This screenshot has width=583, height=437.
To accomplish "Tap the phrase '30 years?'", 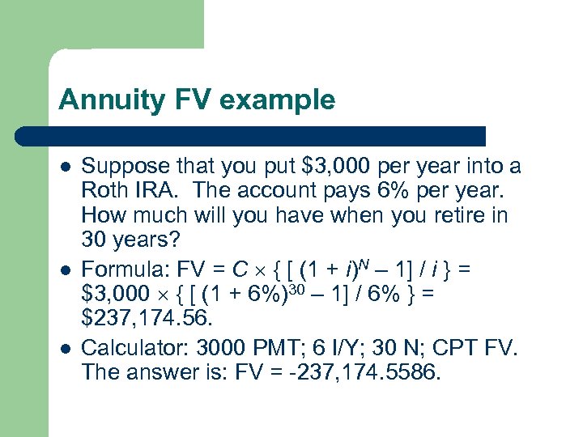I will click(134, 241).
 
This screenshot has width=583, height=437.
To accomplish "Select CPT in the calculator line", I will click(459, 348).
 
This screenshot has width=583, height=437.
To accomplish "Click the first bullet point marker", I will click(64, 167).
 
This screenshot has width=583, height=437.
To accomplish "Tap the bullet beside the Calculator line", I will click(64, 348).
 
